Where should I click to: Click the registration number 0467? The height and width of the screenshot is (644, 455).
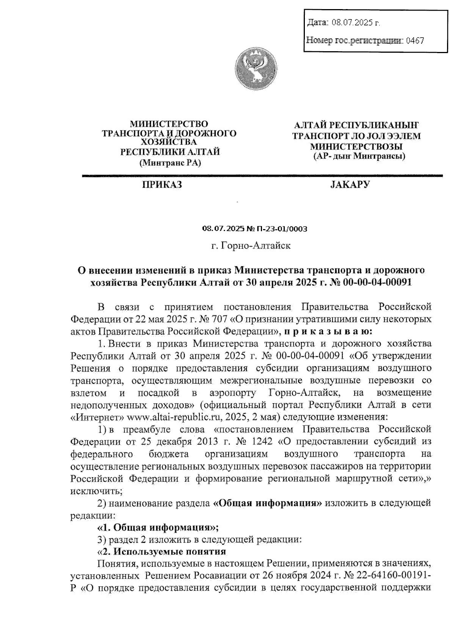tap(415, 40)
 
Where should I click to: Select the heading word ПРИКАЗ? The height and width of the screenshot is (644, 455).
tap(162, 185)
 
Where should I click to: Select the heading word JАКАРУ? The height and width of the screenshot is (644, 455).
tap(350, 185)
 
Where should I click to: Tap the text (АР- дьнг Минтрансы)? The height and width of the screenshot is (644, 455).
tap(359, 156)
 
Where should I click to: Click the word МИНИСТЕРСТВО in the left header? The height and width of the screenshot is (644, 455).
tap(169, 124)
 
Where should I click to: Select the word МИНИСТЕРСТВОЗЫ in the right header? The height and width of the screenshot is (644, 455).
tap(356, 146)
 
